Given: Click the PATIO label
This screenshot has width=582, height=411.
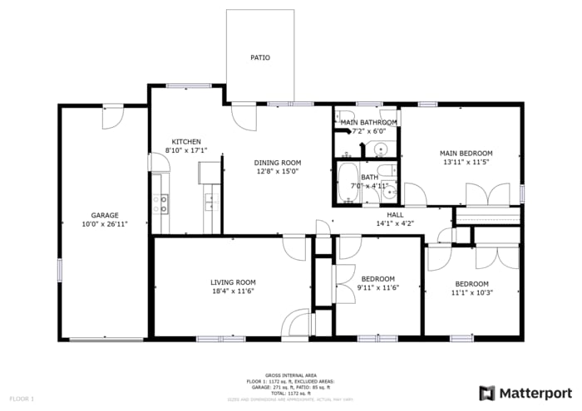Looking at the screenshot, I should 260,57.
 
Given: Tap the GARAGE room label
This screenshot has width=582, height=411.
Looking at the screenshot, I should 105,215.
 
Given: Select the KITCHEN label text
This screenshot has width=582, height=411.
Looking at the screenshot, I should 185,141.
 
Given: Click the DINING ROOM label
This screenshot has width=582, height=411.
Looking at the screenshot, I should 278,163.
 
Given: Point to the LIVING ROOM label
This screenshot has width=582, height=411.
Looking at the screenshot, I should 232,282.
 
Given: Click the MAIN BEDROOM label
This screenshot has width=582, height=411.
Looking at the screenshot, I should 466,153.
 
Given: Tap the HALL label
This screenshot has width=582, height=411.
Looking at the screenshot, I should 395,214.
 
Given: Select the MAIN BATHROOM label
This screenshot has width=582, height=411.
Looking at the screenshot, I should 368,122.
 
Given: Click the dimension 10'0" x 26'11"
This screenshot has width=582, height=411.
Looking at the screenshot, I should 105,224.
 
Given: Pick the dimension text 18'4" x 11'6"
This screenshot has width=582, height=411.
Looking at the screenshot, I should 232,291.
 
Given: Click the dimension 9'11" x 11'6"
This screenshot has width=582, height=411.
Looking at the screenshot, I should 378,287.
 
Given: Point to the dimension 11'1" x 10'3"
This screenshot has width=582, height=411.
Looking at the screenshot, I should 470,292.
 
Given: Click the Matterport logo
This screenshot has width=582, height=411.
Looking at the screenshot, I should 525,392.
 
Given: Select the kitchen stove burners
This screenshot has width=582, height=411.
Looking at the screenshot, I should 160,203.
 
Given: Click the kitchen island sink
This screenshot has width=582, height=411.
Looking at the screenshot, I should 213,201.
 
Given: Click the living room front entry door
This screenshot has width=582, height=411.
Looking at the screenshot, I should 296,324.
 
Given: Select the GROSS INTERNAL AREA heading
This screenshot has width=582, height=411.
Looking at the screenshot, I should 290,375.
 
